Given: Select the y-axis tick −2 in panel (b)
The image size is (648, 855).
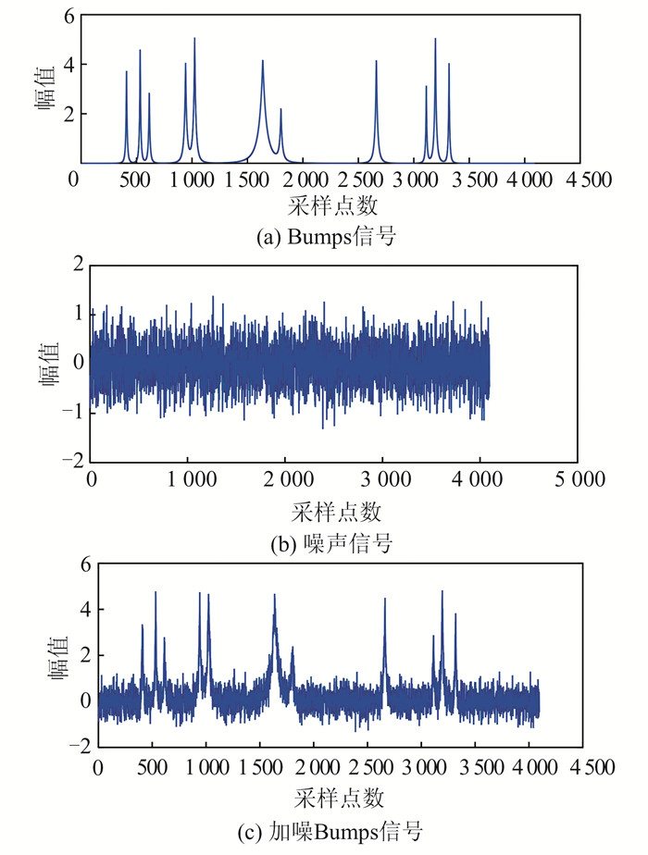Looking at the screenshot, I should pyautogui.click(x=70, y=459).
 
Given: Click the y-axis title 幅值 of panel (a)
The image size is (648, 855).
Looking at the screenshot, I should pyautogui.click(x=44, y=89).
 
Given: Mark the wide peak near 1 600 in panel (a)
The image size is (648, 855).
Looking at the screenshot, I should pyautogui.click(x=263, y=63).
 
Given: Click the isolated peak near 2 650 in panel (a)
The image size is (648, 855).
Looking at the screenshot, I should pyautogui.click(x=376, y=63).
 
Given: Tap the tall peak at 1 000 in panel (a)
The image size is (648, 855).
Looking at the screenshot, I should pyautogui.click(x=194, y=40).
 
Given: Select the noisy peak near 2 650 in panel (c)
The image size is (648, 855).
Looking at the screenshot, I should pyautogui.click(x=384, y=601).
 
